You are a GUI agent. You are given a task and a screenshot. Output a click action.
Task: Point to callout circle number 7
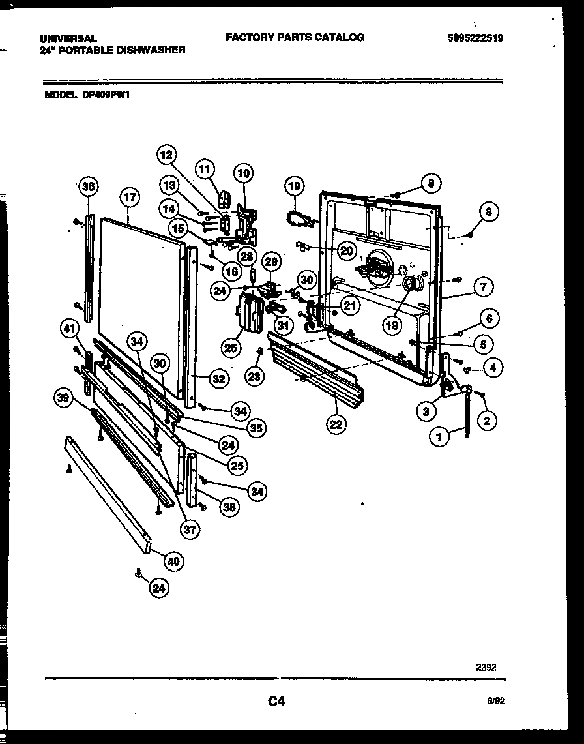pyautogui.click(x=483, y=286)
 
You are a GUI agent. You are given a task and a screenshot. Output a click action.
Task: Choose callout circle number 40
pyautogui.click(x=174, y=560)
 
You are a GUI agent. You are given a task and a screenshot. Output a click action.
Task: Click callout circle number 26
pyautogui.click(x=231, y=347)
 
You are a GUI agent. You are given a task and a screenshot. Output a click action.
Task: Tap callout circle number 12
pyautogui.click(x=167, y=155)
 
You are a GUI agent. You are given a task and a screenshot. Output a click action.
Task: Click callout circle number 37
pyautogui.click(x=190, y=529)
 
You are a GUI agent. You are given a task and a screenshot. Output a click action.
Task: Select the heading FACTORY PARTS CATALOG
pyautogui.click(x=295, y=38)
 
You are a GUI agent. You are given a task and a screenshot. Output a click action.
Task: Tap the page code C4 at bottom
pyautogui.click(x=276, y=702)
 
